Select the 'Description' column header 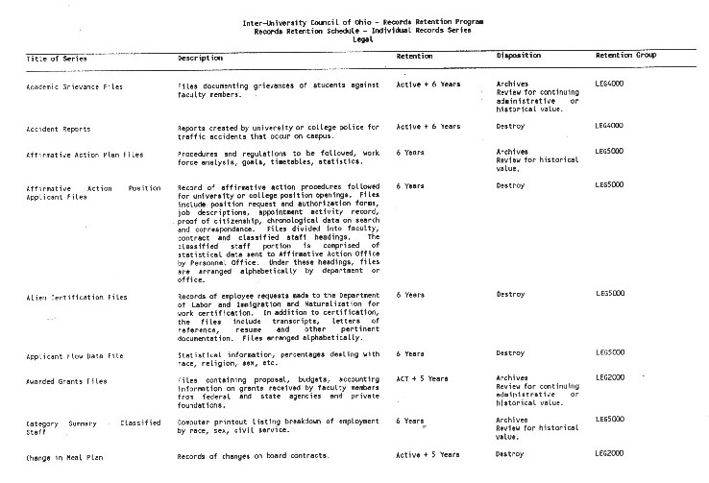(x=201, y=58)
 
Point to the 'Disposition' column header (x=520, y=57)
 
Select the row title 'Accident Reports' (x=60, y=128)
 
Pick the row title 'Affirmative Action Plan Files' (x=86, y=153)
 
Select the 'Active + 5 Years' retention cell (x=428, y=451)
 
